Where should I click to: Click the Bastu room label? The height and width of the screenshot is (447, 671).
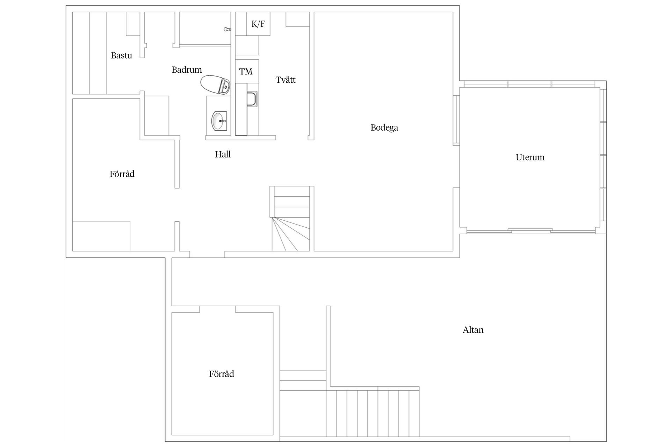pyautogui.click(x=121, y=56)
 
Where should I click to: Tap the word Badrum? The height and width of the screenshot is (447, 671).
pyautogui.click(x=187, y=70)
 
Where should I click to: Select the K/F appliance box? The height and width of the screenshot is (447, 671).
pyautogui.click(x=258, y=24)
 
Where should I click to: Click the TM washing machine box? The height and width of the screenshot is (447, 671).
pyautogui.click(x=246, y=71)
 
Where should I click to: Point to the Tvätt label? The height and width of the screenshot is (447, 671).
pyautogui.click(x=285, y=80)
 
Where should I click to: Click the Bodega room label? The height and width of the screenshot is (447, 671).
pyautogui.click(x=384, y=128)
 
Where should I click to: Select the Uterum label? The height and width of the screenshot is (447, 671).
pyautogui.click(x=530, y=157)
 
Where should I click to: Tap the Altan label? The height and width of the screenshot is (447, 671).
pyautogui.click(x=473, y=330)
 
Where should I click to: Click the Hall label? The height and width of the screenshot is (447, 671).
pyautogui.click(x=223, y=154)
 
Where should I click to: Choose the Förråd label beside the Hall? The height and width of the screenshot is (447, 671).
pyautogui.click(x=122, y=174)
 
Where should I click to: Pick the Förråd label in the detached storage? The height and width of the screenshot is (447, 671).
pyautogui.click(x=221, y=374)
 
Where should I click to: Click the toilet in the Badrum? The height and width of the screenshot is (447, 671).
pyautogui.click(x=216, y=85)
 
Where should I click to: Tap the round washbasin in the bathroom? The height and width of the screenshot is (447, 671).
pyautogui.click(x=219, y=120)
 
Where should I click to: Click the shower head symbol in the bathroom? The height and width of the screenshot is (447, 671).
pyautogui.click(x=227, y=29)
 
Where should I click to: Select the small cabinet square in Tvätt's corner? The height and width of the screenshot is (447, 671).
pyautogui.click(x=297, y=19)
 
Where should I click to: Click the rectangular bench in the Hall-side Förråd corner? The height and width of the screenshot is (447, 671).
pyautogui.click(x=101, y=236)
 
